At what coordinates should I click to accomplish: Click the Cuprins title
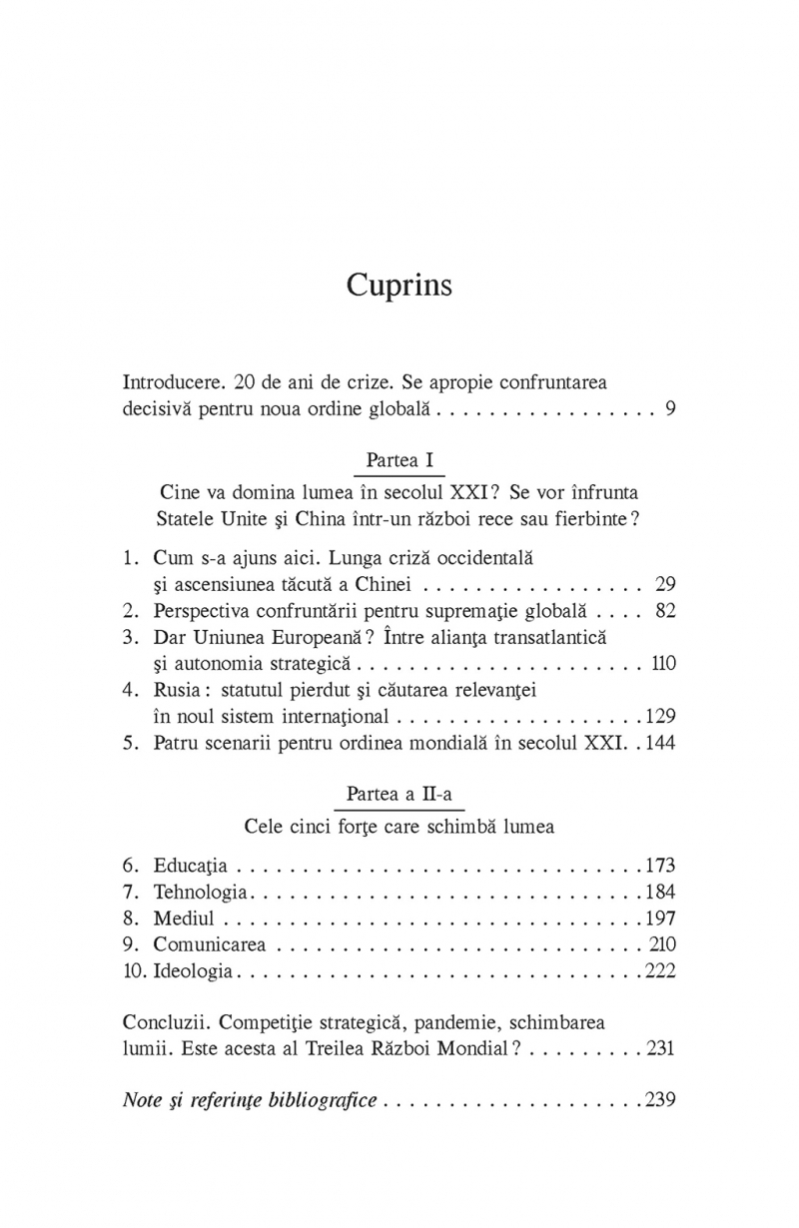(x=399, y=286)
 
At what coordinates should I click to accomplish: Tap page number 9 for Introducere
(x=669, y=408)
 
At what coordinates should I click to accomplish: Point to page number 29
(x=665, y=583)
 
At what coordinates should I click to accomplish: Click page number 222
(x=660, y=969)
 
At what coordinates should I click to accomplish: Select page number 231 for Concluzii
(x=660, y=1048)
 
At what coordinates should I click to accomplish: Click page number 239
(x=660, y=1100)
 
